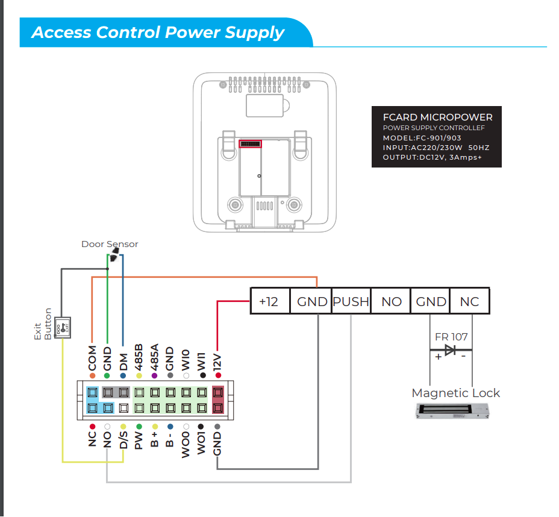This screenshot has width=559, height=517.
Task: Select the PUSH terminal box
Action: [351, 301]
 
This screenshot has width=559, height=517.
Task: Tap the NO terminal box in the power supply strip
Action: [391, 301]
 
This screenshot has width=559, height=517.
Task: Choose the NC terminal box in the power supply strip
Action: [469, 301]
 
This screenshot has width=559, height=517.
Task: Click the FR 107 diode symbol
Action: [449, 349]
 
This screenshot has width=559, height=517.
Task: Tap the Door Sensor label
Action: [110, 244]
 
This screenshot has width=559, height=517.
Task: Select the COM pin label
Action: [92, 358]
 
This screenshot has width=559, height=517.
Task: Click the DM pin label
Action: [123, 361]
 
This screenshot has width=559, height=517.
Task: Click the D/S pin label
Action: [123, 439]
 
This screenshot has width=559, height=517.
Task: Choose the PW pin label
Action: [139, 440]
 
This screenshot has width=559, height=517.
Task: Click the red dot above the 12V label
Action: [217, 375]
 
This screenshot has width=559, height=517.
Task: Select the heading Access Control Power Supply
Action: [158, 33]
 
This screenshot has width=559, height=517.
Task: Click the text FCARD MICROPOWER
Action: [437, 117]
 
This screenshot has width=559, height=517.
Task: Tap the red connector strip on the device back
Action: [251, 143]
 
